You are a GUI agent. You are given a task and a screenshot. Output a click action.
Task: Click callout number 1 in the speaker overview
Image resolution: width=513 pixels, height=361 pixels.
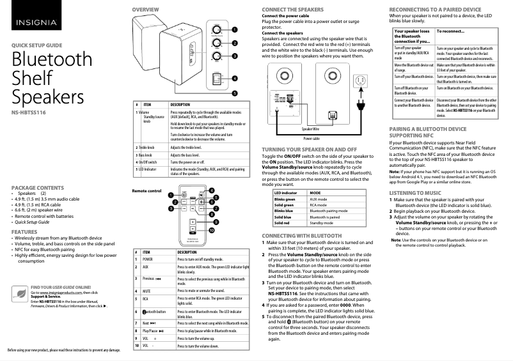click(x=235, y=29)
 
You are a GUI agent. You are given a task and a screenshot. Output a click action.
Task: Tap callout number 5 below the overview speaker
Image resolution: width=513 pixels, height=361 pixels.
click(x=235, y=93)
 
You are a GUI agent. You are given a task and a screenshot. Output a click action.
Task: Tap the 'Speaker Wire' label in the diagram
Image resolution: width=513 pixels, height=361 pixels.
click(x=311, y=129)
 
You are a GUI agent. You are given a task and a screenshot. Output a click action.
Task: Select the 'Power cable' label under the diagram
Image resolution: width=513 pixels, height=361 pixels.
click(x=312, y=138)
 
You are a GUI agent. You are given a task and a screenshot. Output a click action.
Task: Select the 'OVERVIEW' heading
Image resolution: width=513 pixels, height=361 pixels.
click(x=145, y=10)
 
